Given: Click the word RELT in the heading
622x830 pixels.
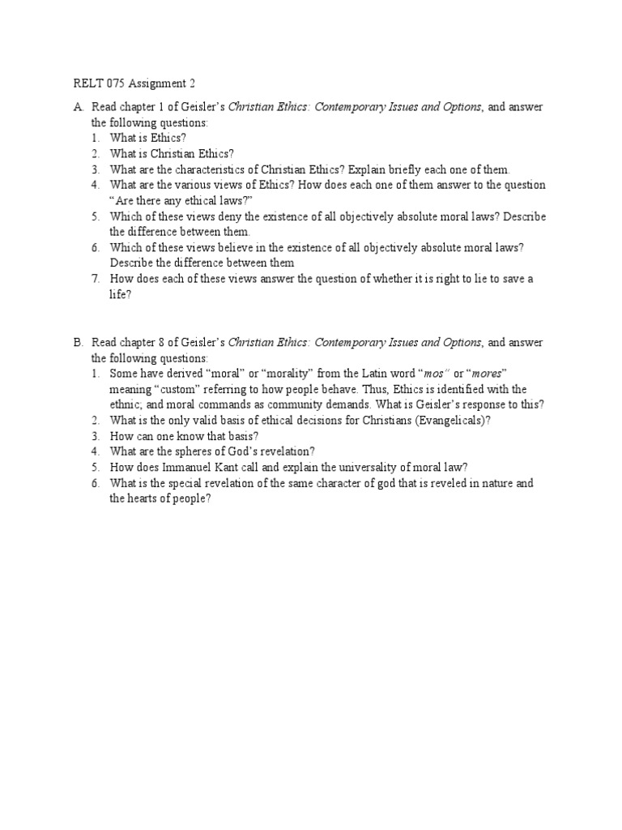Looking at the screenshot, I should click(85, 83).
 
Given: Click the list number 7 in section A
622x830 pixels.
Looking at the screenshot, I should click(95, 279).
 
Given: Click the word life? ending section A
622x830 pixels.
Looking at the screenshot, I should click(119, 295).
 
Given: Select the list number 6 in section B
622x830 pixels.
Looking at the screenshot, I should click(95, 483).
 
